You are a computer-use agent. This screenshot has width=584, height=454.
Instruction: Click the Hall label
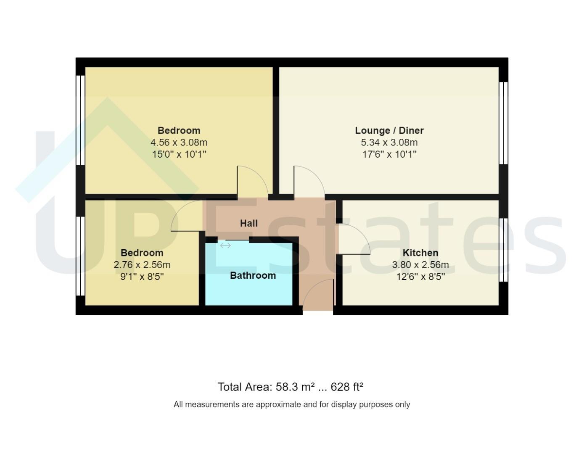tap(248, 223)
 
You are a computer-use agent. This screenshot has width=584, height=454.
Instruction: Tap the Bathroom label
tap(253, 275)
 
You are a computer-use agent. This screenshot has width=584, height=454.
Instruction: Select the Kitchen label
tap(420, 253)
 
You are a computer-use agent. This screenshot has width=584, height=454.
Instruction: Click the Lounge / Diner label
tap(389, 131)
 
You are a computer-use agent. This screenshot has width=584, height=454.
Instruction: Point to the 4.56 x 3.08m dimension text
tap(179, 143)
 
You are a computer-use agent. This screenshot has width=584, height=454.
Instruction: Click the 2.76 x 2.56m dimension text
tap(142, 265)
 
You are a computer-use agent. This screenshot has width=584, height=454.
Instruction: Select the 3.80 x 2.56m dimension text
tap(420, 265)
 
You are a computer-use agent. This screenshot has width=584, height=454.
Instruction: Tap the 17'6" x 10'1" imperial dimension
tap(389, 154)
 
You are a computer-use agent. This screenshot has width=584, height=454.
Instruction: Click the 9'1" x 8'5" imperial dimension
tap(142, 277)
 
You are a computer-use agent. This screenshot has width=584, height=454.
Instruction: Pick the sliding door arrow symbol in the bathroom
tap(225, 245)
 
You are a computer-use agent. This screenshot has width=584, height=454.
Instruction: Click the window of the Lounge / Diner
tap(503, 123)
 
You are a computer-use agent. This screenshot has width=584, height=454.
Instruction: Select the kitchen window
tap(503, 250)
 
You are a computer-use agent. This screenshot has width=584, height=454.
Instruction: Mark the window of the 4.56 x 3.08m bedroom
tap(80, 120)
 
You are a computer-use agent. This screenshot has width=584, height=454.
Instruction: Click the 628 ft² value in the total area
tap(347, 387)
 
